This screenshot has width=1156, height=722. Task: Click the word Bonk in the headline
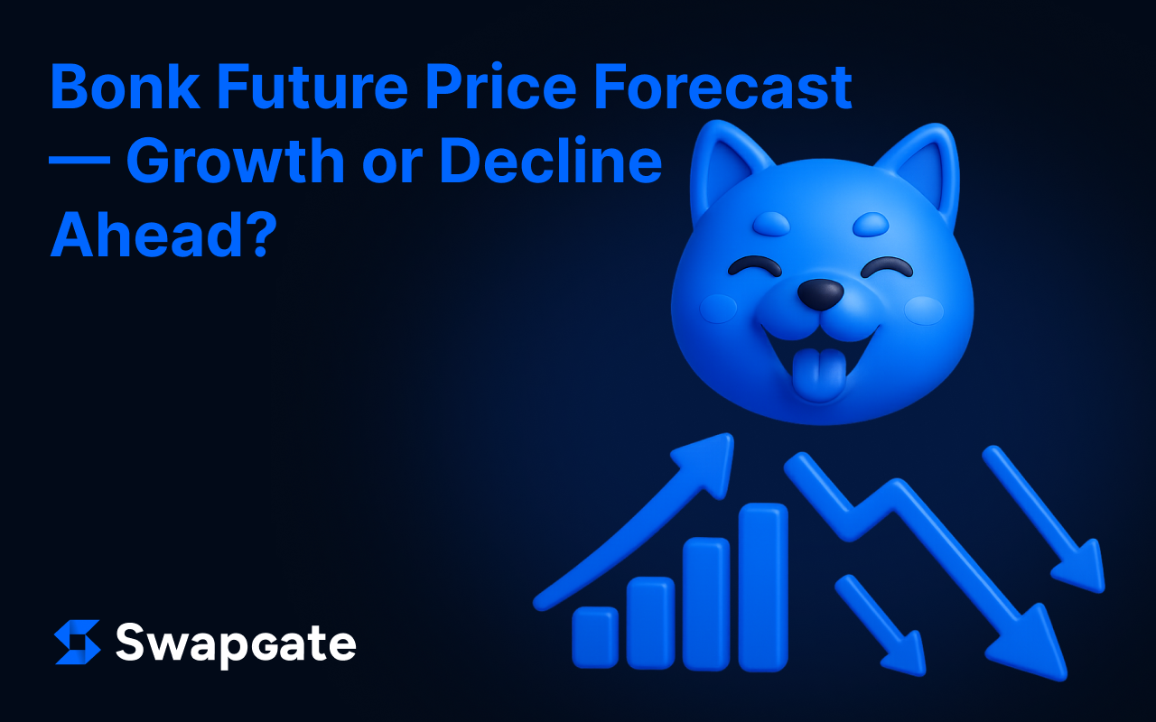(126, 86)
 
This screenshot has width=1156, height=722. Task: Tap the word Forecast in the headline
(723, 86)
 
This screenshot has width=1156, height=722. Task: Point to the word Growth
(236, 161)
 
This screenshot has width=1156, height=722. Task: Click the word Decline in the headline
(551, 160)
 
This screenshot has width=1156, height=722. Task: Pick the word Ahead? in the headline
(164, 235)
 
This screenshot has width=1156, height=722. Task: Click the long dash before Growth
(79, 160)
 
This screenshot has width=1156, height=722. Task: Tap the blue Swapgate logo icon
(78, 642)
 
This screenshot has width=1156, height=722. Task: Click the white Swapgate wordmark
(236, 644)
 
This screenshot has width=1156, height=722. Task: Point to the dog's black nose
(821, 294)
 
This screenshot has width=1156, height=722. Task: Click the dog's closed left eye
(754, 265)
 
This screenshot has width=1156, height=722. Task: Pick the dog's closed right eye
(887, 265)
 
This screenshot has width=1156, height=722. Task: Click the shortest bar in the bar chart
(595, 637)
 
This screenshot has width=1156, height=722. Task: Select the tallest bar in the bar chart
(763, 588)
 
